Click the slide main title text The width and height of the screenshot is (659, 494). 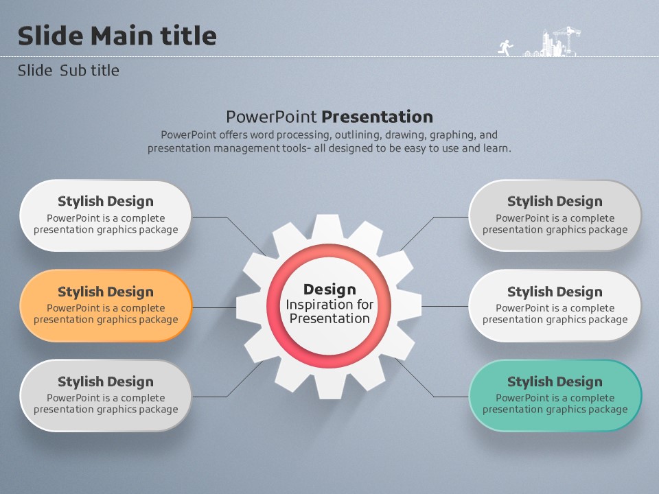(117, 35)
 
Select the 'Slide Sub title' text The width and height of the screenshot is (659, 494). (69, 71)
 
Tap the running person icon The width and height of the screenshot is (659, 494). (506, 48)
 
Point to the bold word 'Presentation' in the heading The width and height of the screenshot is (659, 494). (378, 117)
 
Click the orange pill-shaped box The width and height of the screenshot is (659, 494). (106, 306)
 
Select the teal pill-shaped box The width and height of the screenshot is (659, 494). (555, 396)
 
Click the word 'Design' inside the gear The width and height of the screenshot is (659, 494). (329, 290)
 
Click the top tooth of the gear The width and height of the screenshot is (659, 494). (328, 227)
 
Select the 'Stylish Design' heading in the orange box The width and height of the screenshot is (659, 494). (106, 292)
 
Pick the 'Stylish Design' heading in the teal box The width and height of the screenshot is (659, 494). (555, 381)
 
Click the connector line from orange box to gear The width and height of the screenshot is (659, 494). (214, 307)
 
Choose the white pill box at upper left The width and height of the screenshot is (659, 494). (106, 216)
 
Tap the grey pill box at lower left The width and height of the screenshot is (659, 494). (106, 396)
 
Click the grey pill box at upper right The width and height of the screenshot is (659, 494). (555, 216)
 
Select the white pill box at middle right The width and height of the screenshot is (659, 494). (555, 306)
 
